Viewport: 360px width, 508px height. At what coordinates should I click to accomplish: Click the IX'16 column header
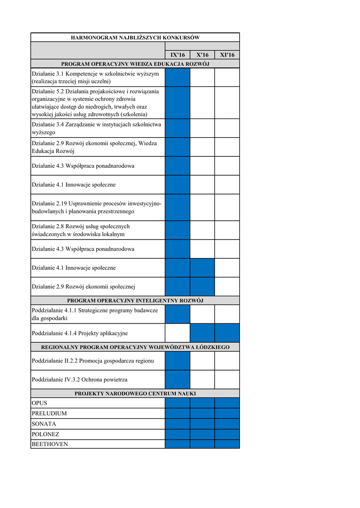(177, 55)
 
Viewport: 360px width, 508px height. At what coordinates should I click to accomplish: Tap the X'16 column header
(202, 55)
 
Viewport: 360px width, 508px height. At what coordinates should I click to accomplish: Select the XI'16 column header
(227, 55)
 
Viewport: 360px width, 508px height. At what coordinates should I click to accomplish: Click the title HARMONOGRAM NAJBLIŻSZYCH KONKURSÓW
(135, 37)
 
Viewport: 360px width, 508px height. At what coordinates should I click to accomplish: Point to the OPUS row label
(40, 403)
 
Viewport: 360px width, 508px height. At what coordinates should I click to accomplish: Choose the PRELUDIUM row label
(49, 413)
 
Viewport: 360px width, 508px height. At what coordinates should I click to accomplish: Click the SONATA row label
(44, 424)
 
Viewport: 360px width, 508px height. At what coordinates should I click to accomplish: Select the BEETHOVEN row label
(50, 444)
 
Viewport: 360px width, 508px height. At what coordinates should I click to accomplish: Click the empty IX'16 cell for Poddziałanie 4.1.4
(177, 333)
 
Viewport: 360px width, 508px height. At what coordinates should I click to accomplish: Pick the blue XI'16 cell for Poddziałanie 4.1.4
(227, 333)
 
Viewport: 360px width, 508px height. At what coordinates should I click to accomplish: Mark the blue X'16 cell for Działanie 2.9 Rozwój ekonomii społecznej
(202, 287)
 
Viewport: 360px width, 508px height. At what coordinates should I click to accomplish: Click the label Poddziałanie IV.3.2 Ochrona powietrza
(79, 380)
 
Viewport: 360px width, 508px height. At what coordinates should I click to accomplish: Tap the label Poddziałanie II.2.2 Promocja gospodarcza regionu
(93, 361)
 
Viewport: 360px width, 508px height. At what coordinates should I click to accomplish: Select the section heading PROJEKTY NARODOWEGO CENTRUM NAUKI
(135, 393)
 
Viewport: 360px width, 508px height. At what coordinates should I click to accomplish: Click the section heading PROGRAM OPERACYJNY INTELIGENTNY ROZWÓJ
(135, 300)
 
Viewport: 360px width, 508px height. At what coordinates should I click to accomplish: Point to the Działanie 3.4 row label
(96, 128)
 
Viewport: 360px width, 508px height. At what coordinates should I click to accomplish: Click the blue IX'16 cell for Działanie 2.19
(177, 207)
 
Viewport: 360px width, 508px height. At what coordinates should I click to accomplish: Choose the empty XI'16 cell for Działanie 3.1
(227, 77)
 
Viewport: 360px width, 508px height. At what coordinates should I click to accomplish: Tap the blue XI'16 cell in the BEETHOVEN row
(227, 444)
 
